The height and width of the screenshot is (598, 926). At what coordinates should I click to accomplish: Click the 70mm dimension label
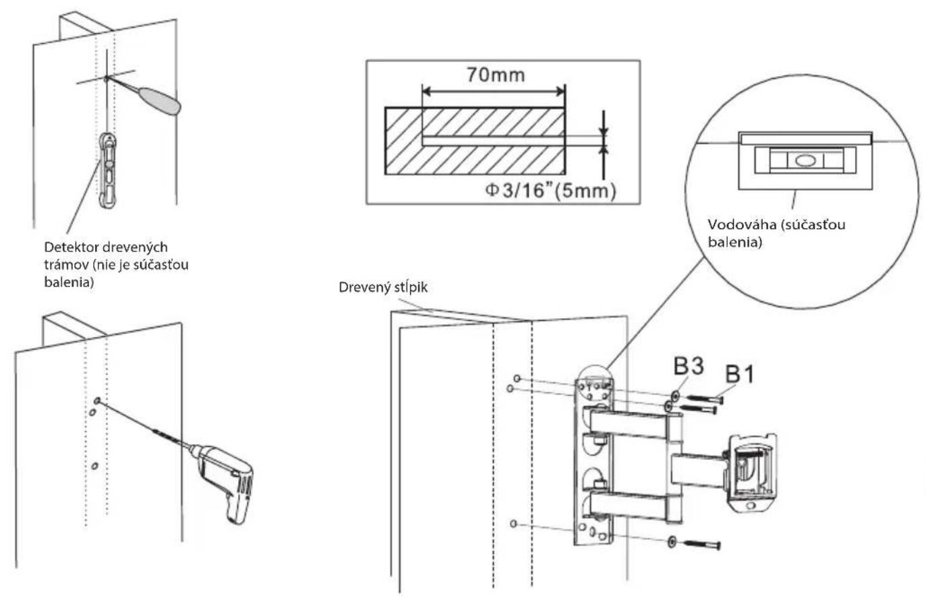tap(496, 75)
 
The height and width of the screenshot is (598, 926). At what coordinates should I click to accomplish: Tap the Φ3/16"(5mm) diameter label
tap(550, 191)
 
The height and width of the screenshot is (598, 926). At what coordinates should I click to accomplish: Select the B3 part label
tap(689, 366)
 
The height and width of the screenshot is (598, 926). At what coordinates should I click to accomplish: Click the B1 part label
tap(740, 374)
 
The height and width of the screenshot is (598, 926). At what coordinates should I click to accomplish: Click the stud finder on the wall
tap(108, 170)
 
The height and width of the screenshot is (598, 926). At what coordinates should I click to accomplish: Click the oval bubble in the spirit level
tap(804, 160)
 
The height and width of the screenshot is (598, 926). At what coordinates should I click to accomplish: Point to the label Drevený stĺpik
tap(383, 287)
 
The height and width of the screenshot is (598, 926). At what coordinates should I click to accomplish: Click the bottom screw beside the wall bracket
tap(702, 545)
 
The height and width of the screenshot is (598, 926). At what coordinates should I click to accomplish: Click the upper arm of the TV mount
tap(629, 425)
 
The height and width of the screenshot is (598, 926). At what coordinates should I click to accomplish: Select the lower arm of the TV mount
tap(629, 506)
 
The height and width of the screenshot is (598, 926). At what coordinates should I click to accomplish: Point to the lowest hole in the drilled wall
tap(94, 466)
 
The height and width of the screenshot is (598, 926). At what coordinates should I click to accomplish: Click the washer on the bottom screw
tap(672, 541)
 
